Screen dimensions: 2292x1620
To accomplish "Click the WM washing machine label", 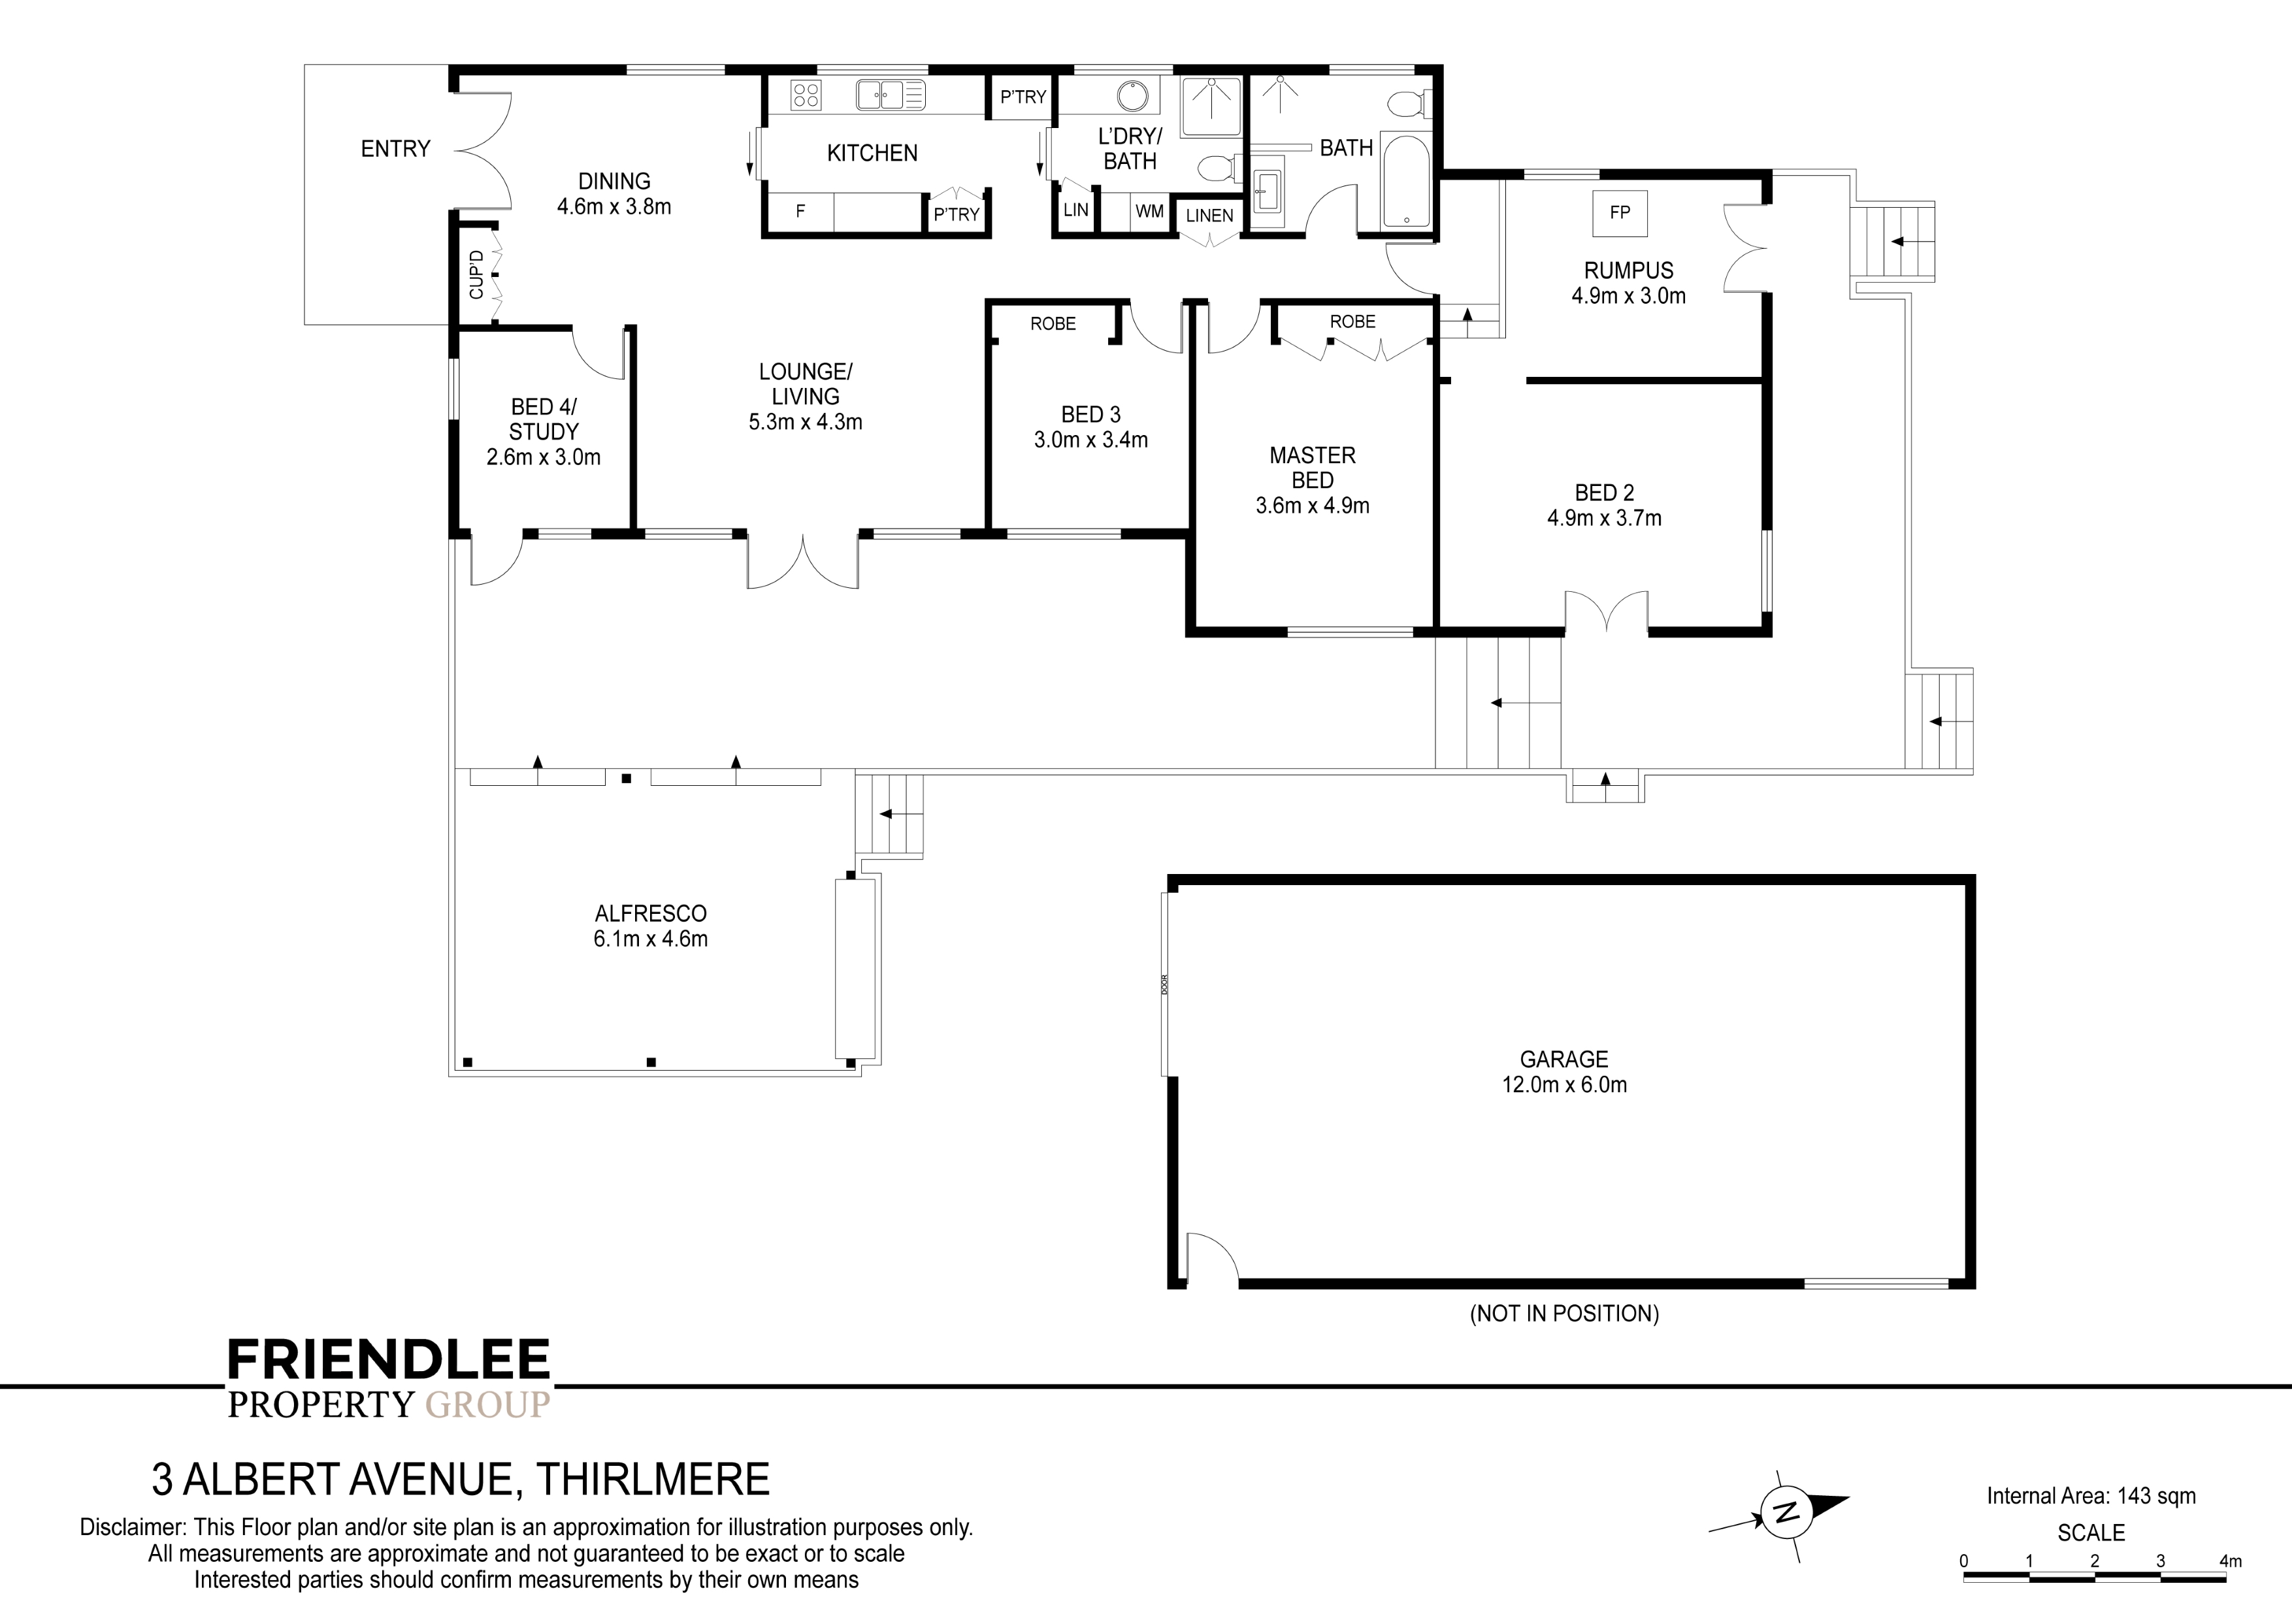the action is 1149,212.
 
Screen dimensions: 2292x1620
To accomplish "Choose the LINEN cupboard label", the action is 1209,216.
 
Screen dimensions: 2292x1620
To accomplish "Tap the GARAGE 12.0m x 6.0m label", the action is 1564,1072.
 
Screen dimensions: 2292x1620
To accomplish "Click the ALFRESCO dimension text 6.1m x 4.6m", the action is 651,939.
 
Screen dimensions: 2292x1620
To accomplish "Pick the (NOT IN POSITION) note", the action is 1564,1314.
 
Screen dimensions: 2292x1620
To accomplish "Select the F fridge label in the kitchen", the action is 800,212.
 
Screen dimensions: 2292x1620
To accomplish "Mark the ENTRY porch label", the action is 395,149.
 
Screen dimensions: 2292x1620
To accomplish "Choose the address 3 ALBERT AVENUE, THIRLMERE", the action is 460,1480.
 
